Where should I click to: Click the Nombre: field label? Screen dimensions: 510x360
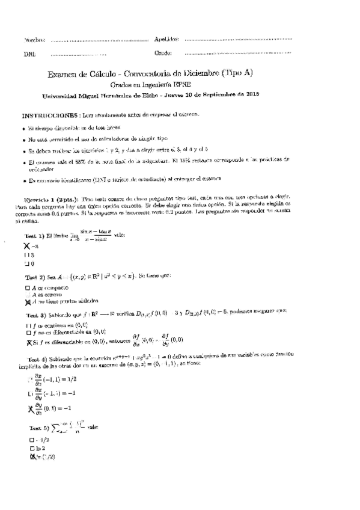coord(34,40)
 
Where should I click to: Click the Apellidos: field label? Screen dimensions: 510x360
coord(166,39)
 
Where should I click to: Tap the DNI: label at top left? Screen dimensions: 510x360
coord(29,54)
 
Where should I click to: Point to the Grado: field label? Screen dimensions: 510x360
coord(163,53)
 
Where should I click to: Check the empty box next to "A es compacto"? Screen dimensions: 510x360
coord(27,288)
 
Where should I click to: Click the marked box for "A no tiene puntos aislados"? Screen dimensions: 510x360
coord(28,301)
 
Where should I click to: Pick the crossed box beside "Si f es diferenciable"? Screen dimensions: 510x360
coord(28,343)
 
